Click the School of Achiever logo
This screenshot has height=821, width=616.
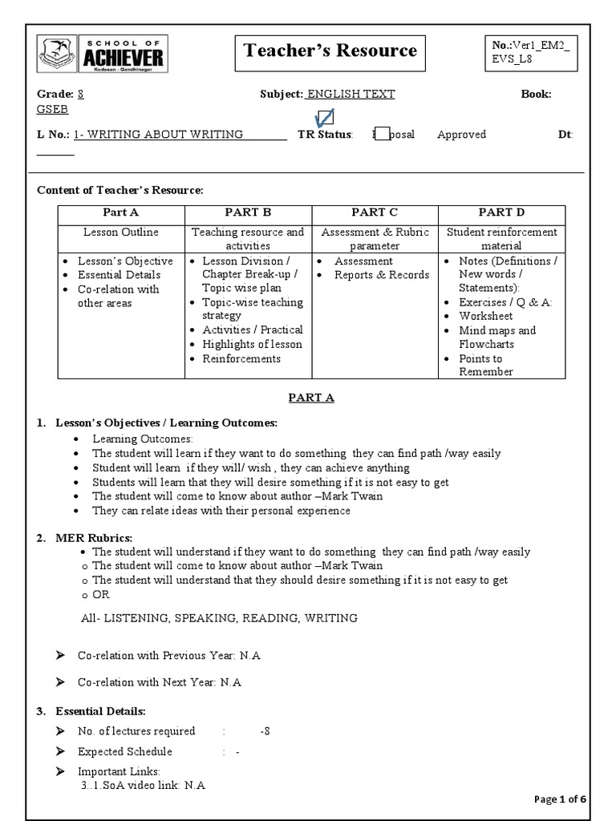(x=100, y=54)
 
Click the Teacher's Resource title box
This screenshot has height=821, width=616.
(x=330, y=52)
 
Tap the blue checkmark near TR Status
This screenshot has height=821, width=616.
(x=324, y=119)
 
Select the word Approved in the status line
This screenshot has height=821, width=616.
(x=461, y=135)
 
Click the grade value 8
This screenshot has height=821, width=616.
(x=80, y=95)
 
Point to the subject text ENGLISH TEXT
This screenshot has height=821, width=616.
(x=351, y=95)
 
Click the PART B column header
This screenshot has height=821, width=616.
(x=248, y=212)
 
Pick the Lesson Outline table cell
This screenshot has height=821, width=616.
(x=121, y=233)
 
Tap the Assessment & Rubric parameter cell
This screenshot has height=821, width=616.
(x=375, y=239)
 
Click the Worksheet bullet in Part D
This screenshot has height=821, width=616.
(x=485, y=317)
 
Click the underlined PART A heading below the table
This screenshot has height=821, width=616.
(x=311, y=398)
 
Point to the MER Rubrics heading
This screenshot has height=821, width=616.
(x=93, y=537)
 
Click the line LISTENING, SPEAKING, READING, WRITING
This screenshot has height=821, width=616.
(x=219, y=618)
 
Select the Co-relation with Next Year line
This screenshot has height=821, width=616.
(x=159, y=683)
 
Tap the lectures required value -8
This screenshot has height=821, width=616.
(x=265, y=731)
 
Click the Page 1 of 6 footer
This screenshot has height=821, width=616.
(x=560, y=799)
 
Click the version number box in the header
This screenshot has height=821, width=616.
(x=530, y=52)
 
